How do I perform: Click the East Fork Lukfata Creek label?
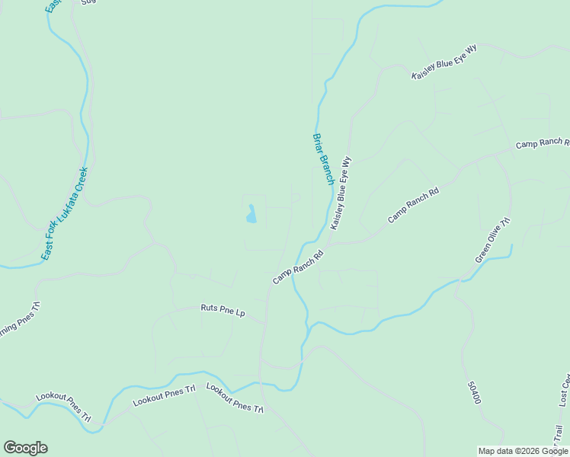[65, 213]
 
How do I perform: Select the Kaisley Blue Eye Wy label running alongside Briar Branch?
[341, 193]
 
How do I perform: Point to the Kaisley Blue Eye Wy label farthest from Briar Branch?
[444, 62]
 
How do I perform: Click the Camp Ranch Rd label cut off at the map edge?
[543, 143]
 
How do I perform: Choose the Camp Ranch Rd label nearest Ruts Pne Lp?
[298, 267]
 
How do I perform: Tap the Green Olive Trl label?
[492, 240]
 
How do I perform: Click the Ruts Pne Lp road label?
[223, 310]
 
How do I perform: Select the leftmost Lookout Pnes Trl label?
[63, 408]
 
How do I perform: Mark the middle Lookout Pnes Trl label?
[164, 395]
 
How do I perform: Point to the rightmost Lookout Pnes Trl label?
[235, 398]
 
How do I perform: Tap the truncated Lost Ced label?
[563, 391]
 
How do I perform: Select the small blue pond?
[251, 216]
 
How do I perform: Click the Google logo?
[25, 448]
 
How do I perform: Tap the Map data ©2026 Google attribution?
[522, 451]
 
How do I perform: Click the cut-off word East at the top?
[52, 6]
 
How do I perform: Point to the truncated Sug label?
[88, 2]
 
